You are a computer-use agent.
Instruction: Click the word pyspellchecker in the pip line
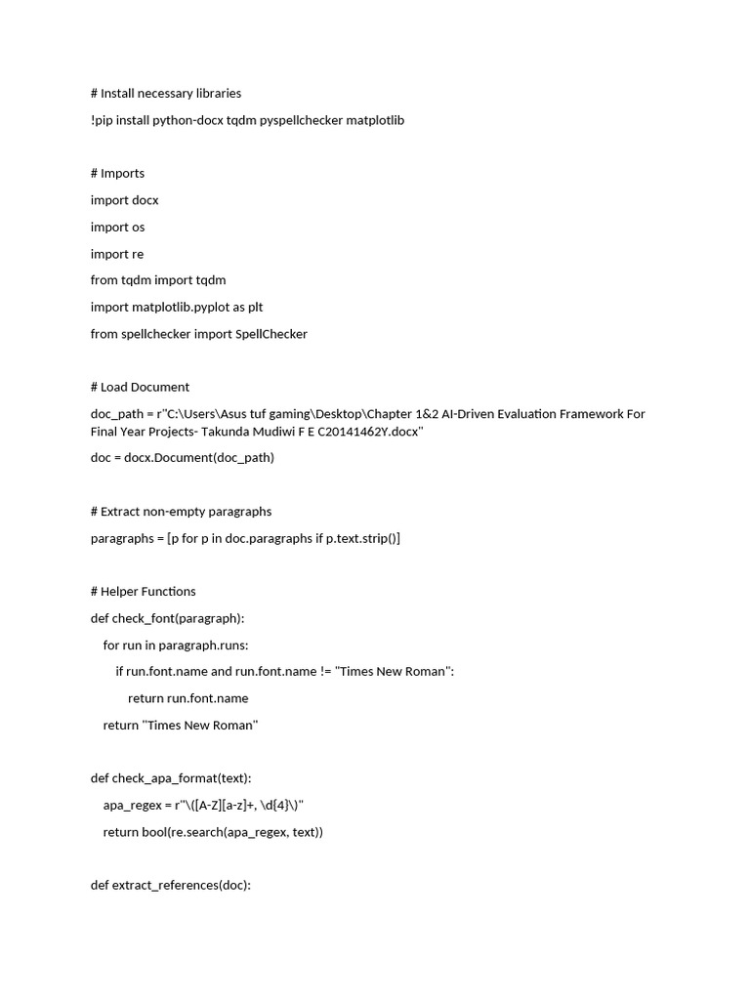(x=294, y=120)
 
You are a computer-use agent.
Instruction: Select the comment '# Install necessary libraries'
(x=166, y=94)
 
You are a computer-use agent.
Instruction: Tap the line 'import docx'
(x=124, y=200)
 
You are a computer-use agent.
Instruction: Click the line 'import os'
(x=117, y=227)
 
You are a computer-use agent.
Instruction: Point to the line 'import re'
(x=117, y=254)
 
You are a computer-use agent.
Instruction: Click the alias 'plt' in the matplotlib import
(x=255, y=307)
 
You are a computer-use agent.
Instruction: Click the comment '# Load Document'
(x=140, y=387)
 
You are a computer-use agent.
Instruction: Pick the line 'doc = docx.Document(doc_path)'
(x=183, y=458)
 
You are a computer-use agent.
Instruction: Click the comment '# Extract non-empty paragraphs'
(x=181, y=511)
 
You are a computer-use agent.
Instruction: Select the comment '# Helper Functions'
(x=144, y=591)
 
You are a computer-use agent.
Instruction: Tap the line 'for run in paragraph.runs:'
(x=176, y=645)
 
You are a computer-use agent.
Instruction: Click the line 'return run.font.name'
(x=188, y=698)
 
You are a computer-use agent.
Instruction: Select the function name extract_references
(x=166, y=886)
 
